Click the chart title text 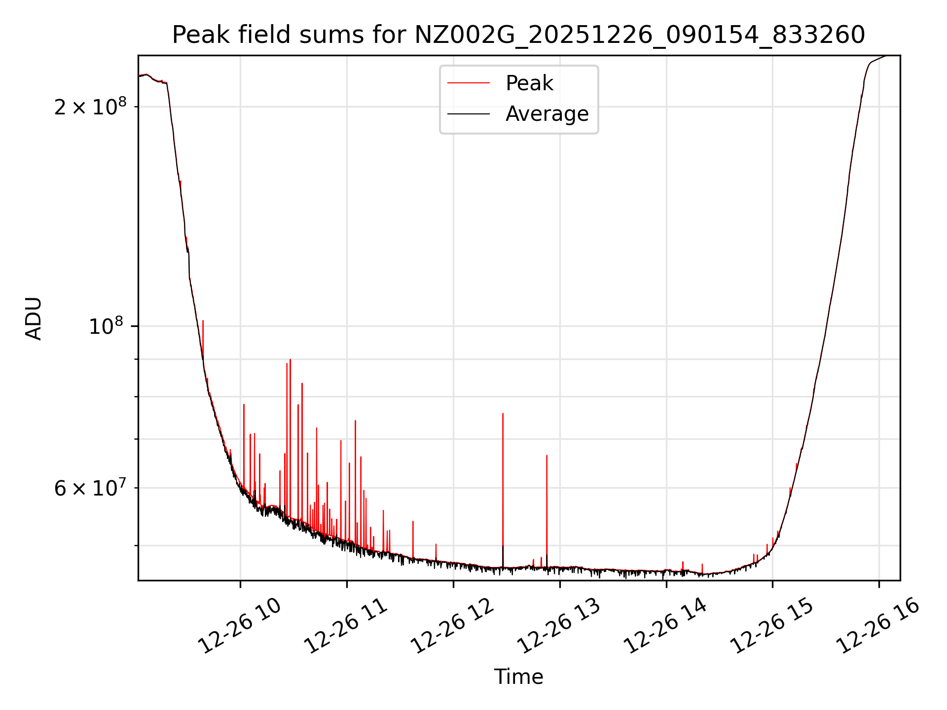click(x=518, y=35)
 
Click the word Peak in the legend click(x=529, y=83)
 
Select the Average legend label click(x=547, y=114)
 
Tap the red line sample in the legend click(x=468, y=83)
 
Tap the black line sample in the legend click(x=468, y=114)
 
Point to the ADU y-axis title click(x=34, y=318)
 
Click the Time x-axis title click(x=518, y=676)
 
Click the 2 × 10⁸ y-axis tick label click(x=90, y=107)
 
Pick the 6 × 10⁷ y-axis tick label click(x=90, y=488)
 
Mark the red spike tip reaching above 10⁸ click(x=203, y=322)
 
